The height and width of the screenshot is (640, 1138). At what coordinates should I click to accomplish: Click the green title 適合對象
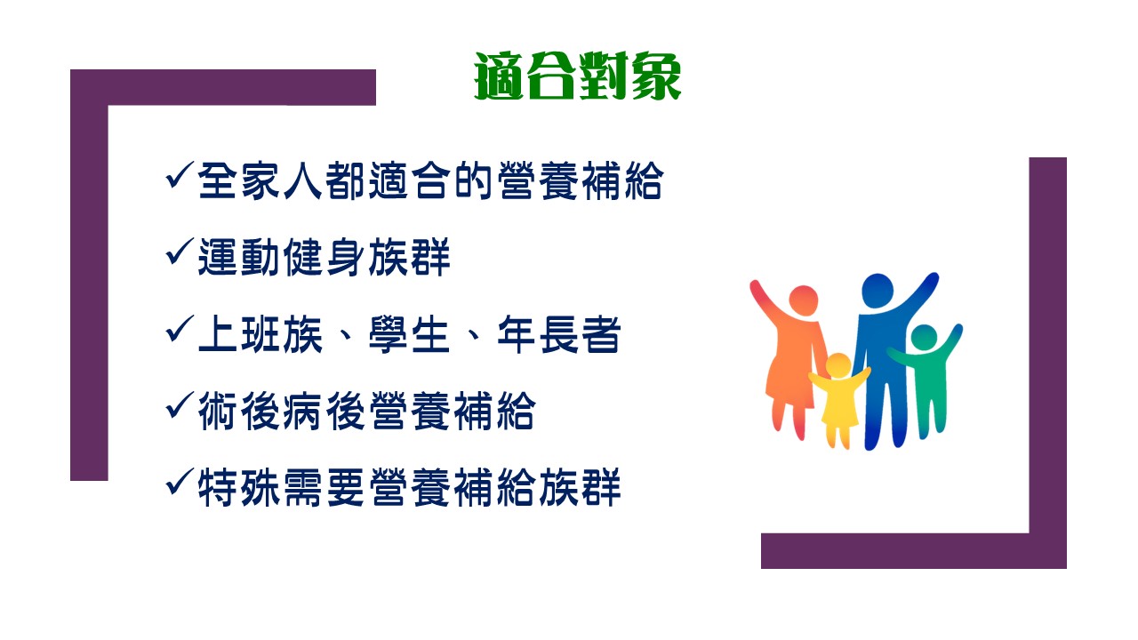[x=578, y=76]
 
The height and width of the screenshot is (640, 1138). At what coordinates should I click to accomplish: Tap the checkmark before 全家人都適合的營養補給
[x=180, y=176]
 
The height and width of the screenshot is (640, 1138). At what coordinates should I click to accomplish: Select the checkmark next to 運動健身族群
[x=180, y=252]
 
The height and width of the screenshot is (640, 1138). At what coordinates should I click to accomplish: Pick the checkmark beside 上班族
[x=180, y=329]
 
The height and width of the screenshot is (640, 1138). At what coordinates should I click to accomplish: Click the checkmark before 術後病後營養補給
[x=180, y=406]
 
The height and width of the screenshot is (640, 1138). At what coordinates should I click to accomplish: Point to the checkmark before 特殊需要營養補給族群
[x=180, y=483]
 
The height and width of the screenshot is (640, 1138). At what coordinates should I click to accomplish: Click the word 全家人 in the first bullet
[x=260, y=180]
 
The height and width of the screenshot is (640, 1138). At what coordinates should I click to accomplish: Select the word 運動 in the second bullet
[x=239, y=257]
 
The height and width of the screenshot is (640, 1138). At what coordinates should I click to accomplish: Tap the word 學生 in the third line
[x=410, y=334]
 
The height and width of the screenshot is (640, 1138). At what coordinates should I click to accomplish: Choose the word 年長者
[x=559, y=334]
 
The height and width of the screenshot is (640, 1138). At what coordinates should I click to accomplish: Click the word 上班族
[x=260, y=334]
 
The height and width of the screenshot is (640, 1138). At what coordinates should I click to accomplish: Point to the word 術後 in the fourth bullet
[x=239, y=411]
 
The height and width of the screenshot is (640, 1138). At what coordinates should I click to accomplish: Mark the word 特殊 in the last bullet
[x=239, y=488]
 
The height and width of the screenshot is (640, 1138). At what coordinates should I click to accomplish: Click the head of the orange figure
[x=803, y=300]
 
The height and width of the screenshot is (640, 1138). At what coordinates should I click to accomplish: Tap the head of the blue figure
[x=878, y=291]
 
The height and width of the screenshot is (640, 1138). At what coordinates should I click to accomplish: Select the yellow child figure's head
[x=837, y=365]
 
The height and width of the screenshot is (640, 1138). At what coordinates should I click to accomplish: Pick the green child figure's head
[x=924, y=337]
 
